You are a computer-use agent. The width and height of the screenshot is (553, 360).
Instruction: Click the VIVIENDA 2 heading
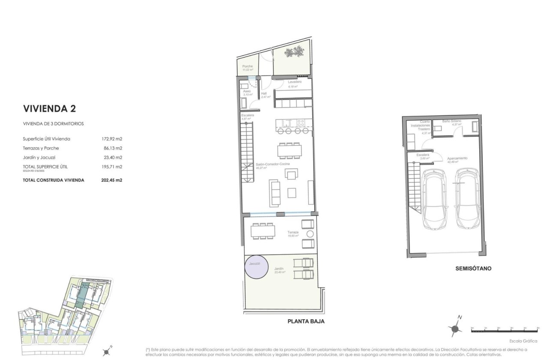pyautogui.click(x=49, y=108)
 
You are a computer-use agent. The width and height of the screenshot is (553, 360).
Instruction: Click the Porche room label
pyautogui.click(x=247, y=66)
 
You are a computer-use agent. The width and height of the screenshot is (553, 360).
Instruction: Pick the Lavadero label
pyautogui.click(x=295, y=82)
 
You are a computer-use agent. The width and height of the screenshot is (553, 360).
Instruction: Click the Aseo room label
pyautogui.click(x=247, y=91)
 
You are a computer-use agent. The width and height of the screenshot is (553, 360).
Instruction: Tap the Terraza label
pyautogui.click(x=293, y=232)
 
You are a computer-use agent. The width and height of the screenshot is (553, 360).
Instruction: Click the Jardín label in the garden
pyautogui.click(x=280, y=268)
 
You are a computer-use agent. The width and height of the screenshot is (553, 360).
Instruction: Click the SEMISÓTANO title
pyautogui.click(x=473, y=269)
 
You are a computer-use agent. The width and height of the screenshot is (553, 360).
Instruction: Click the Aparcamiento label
pyautogui.click(x=457, y=158)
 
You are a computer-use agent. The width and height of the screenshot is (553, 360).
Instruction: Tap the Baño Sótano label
pyautogui.click(x=452, y=121)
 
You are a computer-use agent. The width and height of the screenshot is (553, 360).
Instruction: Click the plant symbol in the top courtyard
pyautogui.click(x=295, y=53)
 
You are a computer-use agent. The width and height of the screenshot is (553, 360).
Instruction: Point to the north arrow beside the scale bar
pyautogui.click(x=456, y=327)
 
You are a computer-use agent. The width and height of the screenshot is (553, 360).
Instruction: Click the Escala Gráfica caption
pyautogui.click(x=523, y=341)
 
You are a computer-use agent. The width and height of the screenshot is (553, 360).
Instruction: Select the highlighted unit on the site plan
pyautogui.click(x=82, y=295)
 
